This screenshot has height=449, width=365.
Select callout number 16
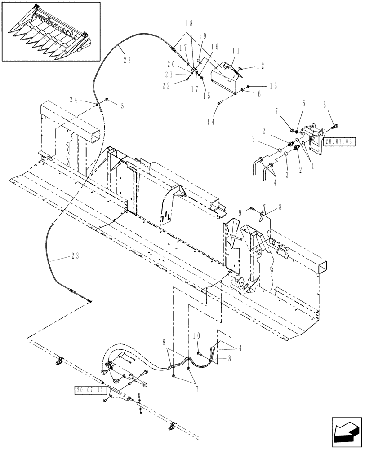[x=214, y=46]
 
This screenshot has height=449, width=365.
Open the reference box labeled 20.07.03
[x=340, y=141]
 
